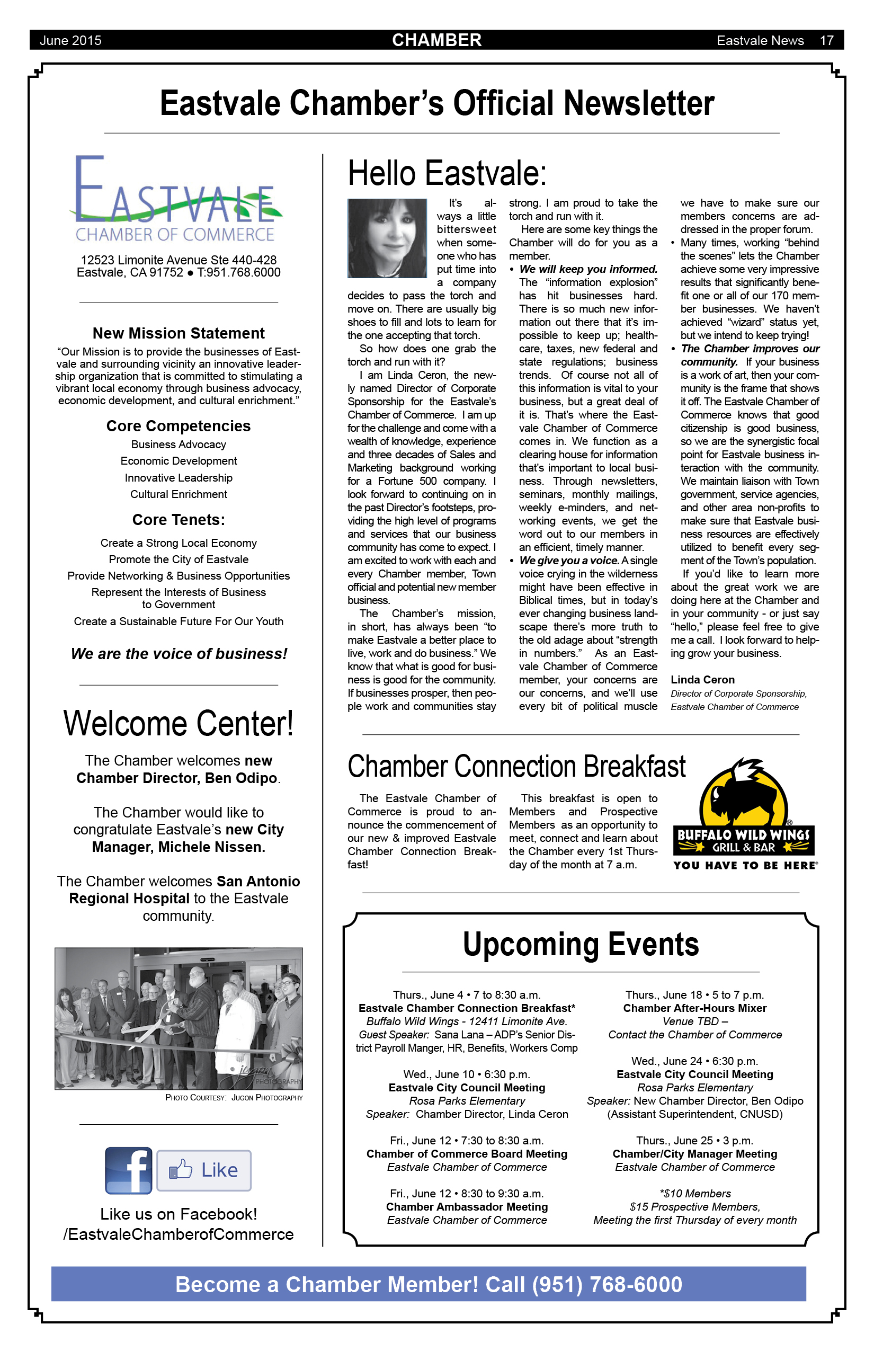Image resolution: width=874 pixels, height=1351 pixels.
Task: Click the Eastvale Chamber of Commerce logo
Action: click(176, 199)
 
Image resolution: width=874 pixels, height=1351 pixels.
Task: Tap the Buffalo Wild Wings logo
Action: click(744, 813)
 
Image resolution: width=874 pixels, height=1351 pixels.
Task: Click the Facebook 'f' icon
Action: click(129, 1170)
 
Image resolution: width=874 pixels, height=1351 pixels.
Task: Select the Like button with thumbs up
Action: click(204, 1170)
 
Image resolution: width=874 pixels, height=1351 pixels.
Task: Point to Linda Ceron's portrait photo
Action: click(387, 238)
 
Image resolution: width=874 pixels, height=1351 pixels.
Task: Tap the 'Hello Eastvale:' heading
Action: click(447, 173)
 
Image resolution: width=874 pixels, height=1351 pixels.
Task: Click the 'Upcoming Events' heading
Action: click(581, 944)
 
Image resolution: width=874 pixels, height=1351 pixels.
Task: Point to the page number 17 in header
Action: click(826, 40)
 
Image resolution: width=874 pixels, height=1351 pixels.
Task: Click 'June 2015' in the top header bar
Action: click(70, 40)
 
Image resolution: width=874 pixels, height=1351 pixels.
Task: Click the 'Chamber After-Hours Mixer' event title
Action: click(694, 1008)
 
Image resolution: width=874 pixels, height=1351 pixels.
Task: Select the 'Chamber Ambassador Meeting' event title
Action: click(467, 1207)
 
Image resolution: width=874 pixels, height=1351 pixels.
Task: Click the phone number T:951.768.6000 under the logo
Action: click(239, 272)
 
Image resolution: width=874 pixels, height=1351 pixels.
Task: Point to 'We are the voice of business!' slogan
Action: click(179, 654)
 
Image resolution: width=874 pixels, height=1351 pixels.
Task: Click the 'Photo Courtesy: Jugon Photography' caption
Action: click(234, 1098)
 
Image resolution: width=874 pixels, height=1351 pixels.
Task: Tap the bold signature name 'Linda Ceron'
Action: click(702, 679)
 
